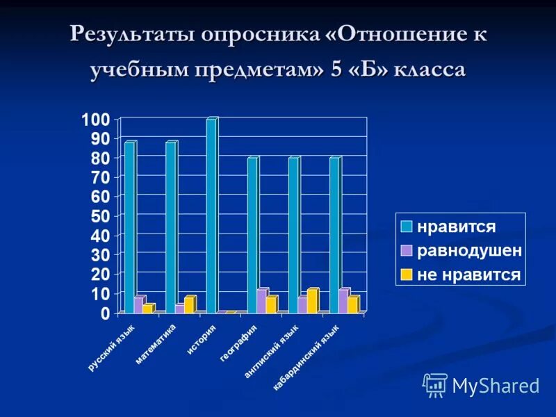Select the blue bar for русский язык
tap(129, 227)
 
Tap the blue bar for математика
tap(170, 227)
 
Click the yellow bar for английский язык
tap(313, 301)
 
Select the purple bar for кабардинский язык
tap(343, 301)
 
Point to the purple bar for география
tap(261, 301)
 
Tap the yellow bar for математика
tap(190, 304)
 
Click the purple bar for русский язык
tap(138, 305)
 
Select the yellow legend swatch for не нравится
tap(406, 275)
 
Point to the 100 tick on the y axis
tap(96, 120)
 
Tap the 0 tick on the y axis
tap(105, 313)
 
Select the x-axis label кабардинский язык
tap(306, 357)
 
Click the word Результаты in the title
tap(130, 35)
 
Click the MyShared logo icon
tap(435, 384)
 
